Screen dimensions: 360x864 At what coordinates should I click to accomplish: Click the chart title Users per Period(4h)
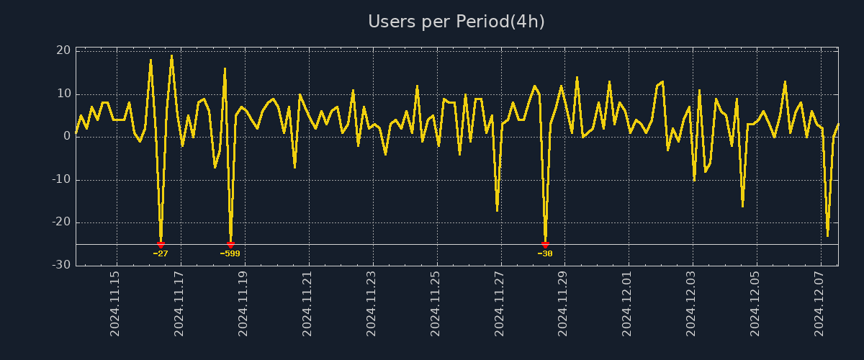tap(456, 22)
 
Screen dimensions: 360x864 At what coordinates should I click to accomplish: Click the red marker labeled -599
tap(230, 245)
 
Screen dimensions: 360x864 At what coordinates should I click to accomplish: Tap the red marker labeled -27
tap(161, 245)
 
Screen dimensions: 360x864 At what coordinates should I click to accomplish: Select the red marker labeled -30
tap(545, 245)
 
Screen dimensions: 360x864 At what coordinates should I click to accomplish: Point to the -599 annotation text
tap(230, 253)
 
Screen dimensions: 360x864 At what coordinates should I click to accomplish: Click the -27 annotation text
tap(161, 253)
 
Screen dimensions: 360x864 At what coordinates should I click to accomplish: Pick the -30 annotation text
tap(545, 253)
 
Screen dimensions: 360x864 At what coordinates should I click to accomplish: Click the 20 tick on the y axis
tap(63, 50)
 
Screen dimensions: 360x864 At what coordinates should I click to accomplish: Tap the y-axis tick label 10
tap(63, 94)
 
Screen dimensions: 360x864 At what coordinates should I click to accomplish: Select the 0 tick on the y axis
tap(66, 136)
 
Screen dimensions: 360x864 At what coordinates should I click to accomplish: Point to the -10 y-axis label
tap(61, 179)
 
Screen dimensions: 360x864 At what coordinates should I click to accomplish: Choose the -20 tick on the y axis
tap(61, 222)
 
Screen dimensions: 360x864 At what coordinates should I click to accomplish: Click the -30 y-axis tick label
tap(61, 265)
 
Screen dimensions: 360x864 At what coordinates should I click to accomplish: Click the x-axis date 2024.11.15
tap(115, 304)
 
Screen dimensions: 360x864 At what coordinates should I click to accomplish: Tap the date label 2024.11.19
tap(243, 304)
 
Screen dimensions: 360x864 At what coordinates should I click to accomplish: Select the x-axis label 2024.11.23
tap(372, 304)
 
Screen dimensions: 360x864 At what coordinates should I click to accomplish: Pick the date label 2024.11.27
tap(500, 304)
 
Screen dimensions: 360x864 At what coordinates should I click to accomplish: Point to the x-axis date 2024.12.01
tap(627, 304)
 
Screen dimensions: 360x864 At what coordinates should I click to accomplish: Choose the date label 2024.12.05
tap(755, 304)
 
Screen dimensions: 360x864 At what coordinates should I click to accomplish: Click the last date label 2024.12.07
tap(819, 304)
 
